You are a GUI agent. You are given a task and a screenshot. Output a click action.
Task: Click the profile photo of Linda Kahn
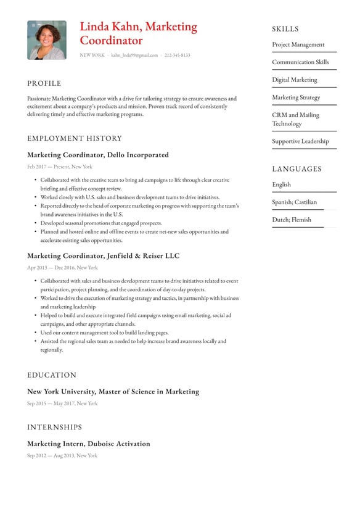[46, 40]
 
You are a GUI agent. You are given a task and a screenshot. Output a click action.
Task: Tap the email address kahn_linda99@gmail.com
[134, 56]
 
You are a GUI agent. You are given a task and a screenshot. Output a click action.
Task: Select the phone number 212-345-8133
[177, 56]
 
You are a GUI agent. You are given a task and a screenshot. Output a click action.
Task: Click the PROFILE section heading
[44, 83]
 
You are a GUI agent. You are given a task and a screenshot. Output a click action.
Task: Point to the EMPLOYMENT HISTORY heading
[75, 138]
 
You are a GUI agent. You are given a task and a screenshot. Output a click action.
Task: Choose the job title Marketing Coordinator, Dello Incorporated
[97, 155]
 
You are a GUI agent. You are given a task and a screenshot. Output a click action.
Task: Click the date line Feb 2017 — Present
[59, 167]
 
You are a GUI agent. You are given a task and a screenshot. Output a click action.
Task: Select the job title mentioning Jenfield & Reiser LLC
[103, 255]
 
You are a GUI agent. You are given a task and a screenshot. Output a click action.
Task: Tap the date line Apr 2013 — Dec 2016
[62, 268]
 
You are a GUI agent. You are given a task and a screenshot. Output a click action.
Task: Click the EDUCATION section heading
[52, 375]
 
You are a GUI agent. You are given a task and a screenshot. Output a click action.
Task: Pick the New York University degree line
[113, 391]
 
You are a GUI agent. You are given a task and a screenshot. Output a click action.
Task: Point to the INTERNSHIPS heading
[54, 427]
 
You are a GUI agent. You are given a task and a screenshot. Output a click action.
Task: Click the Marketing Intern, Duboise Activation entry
[88, 444]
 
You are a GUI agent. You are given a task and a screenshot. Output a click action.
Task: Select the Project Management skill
[298, 44]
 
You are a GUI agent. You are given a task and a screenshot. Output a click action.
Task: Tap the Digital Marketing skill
[295, 80]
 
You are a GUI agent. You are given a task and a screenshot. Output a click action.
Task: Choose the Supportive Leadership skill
[300, 141]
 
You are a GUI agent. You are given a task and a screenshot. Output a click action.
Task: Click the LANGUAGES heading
[297, 169]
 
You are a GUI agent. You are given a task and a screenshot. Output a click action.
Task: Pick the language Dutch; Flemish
[292, 220]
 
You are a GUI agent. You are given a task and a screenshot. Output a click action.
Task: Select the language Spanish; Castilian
[294, 202]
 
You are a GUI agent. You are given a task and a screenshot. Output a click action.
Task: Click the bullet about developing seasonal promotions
[101, 223]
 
